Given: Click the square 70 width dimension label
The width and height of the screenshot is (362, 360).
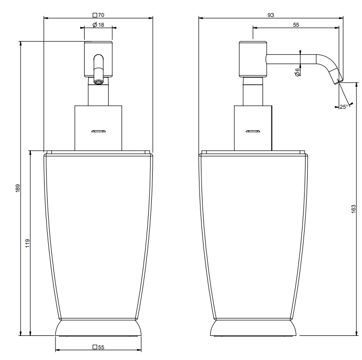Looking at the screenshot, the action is point(98,15).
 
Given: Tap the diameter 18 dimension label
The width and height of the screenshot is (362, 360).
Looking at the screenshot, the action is point(98,25).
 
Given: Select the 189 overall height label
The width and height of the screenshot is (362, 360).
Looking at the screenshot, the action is point(18,188).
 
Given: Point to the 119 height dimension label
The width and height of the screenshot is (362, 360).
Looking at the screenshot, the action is point(28,244).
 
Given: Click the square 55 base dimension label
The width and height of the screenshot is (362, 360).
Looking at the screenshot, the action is point(98,347).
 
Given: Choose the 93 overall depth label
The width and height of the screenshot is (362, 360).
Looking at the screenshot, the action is point(271,15).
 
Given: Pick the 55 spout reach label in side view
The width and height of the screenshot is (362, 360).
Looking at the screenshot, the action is point(296,25).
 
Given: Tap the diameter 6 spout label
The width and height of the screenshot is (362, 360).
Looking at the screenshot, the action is point(297,72).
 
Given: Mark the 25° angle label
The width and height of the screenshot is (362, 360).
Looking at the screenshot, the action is point(344,107).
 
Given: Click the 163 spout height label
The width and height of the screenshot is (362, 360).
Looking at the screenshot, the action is point(353,209).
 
